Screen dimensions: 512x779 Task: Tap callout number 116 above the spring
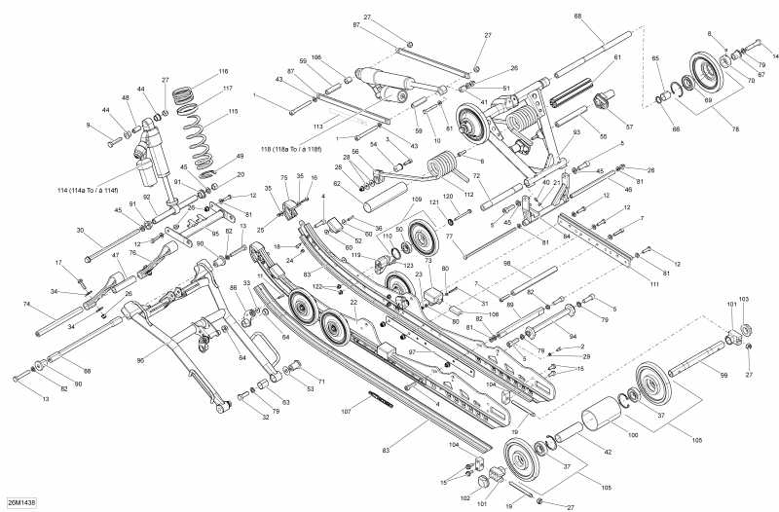coord(223,72)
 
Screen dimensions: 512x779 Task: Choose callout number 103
coord(744,298)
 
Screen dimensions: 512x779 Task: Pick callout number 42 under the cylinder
coord(608,453)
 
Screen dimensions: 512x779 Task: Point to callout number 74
coord(26,304)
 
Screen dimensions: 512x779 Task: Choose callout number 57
coord(628,128)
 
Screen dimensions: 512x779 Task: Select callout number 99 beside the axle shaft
coord(723,375)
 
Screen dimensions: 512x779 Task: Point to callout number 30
coord(81,231)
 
